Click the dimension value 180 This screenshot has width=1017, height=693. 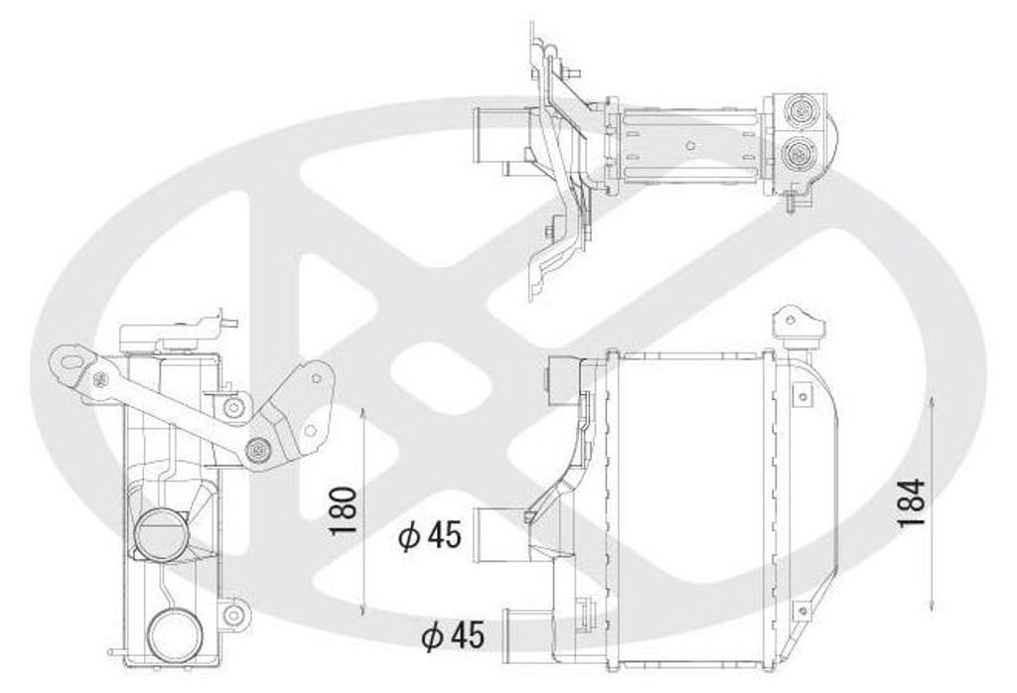pos(343,511)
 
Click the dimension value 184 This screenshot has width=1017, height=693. pos(912,503)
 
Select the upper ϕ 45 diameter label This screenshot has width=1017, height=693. pos(429,535)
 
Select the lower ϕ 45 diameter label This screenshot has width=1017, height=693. pos(453,635)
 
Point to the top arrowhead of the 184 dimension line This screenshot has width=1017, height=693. pos(932,402)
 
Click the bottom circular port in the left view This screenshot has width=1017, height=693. pos(174,636)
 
